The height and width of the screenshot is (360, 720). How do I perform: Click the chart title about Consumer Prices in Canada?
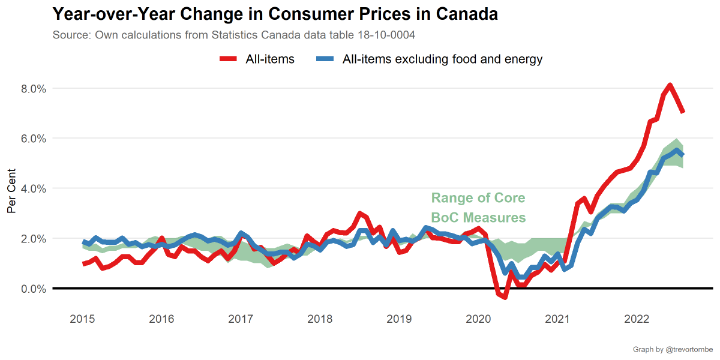pos(275,14)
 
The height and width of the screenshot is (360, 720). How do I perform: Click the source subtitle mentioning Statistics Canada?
pos(234,35)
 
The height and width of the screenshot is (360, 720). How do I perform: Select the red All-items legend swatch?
pos(229,59)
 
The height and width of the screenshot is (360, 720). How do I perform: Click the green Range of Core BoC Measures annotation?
pos(478,208)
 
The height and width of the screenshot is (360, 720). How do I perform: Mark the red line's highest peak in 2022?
pos(670,85)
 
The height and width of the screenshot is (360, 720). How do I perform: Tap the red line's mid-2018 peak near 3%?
pos(359,214)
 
